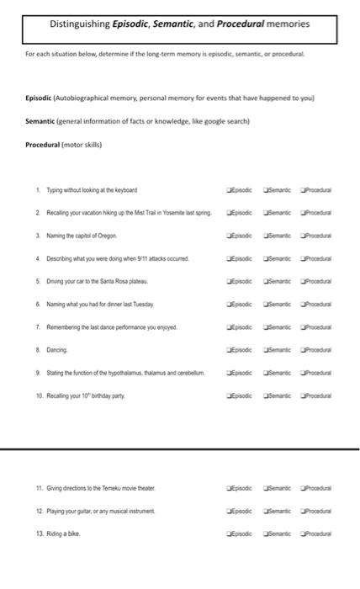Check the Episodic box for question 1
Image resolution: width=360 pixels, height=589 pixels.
(x=228, y=190)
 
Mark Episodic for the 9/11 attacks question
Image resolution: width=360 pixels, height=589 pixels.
(x=228, y=257)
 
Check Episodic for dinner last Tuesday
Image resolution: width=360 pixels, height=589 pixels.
(x=228, y=303)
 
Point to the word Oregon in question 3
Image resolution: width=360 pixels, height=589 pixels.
(x=107, y=236)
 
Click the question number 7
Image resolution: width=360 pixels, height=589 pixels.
(x=39, y=326)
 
